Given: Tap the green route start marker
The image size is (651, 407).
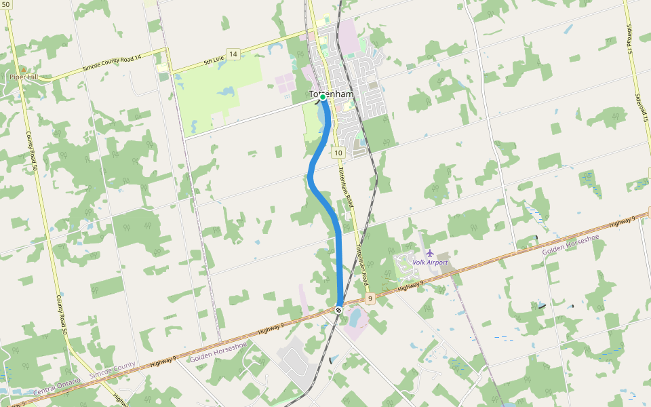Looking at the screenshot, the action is point(323,97).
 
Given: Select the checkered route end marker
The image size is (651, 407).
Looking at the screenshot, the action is point(338,309).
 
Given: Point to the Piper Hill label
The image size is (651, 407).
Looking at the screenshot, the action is point(24,77).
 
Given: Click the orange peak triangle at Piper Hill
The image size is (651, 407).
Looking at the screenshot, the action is point(24,69).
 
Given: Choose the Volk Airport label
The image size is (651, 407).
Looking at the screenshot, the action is point(430,263).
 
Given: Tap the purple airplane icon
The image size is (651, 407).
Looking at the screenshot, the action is point(430,254).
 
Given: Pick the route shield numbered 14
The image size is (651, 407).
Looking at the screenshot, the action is point(233,54).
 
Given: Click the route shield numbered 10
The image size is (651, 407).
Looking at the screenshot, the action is point(338,153).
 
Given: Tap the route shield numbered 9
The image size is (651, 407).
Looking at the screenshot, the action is point(370,298).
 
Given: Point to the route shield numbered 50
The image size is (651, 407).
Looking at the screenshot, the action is point(6,4).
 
